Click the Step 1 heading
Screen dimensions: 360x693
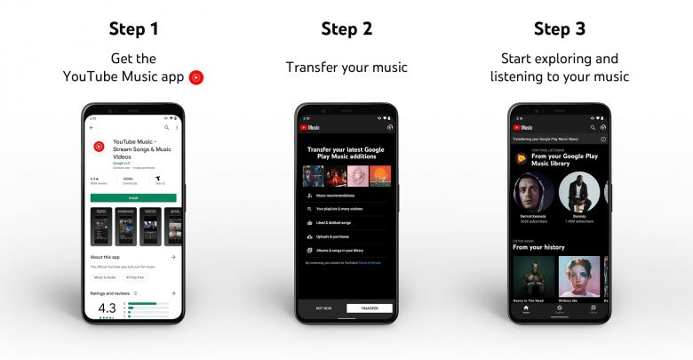[x=133, y=28]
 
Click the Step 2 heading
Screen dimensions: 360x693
[x=346, y=28]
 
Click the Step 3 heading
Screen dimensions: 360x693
[x=559, y=28]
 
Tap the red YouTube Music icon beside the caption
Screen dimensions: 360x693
[x=196, y=77]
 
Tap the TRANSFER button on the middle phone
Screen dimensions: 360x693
[x=370, y=308]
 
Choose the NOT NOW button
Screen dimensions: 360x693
[x=323, y=308]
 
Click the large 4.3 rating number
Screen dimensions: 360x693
[x=100, y=308]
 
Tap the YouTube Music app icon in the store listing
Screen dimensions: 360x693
[x=99, y=147]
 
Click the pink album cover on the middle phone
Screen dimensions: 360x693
[x=357, y=175]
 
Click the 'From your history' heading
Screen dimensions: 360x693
[x=539, y=247]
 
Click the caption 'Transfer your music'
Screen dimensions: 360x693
[x=346, y=67]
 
